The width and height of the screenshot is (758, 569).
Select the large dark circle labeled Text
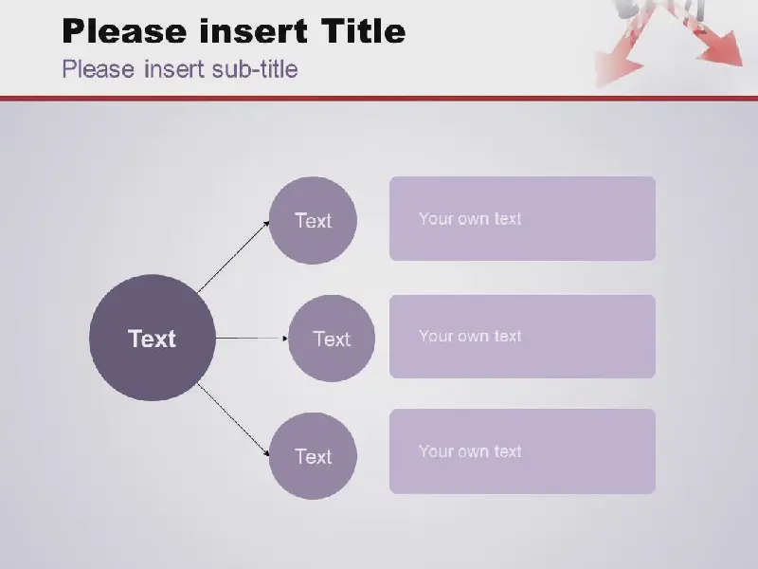click(x=153, y=338)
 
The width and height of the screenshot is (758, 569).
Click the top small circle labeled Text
click(x=313, y=221)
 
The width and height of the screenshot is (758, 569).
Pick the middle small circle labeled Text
click(x=331, y=339)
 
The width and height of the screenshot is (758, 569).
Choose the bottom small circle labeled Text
click(x=313, y=456)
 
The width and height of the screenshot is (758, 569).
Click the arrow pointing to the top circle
click(x=233, y=256)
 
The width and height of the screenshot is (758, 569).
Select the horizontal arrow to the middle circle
click(x=252, y=339)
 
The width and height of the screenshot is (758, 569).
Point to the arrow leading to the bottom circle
click(x=233, y=419)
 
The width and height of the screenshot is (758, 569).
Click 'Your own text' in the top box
click(x=470, y=219)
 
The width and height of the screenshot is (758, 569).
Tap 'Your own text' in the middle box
click(x=470, y=336)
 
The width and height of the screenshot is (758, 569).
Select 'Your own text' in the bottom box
click(x=470, y=451)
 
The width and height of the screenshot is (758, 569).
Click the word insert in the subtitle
click(x=173, y=68)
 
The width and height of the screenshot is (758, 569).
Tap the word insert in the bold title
click(x=253, y=30)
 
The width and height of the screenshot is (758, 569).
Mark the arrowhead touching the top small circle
click(x=266, y=224)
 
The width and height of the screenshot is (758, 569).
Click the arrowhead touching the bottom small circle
click(x=266, y=453)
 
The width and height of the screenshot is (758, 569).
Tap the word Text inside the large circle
click(x=152, y=339)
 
